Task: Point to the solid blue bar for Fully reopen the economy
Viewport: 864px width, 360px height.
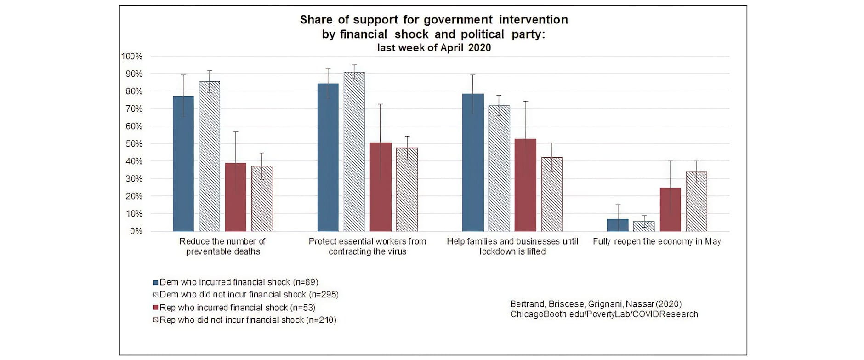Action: pos(617,225)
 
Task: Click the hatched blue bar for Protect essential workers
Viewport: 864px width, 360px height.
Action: pos(354,151)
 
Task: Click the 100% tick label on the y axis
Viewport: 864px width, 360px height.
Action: pos(132,57)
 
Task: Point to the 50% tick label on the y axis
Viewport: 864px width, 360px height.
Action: pos(134,144)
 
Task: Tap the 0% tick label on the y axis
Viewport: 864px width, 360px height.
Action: pos(136,231)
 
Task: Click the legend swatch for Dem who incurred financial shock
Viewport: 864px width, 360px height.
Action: pos(156,282)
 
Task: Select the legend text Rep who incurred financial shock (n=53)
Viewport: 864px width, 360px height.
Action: pos(237,308)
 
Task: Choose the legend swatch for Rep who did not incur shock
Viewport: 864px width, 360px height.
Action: pos(156,320)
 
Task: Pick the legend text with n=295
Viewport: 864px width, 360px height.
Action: pos(249,295)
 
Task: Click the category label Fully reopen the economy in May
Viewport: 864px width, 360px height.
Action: pos(657,241)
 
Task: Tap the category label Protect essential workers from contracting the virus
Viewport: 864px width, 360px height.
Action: pos(367,246)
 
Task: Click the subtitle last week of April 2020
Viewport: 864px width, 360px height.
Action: pos(434,48)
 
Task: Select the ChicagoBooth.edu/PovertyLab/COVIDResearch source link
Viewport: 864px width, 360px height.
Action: pos(604,314)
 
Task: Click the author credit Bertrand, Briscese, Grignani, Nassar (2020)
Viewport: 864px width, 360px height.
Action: pos(596,304)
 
